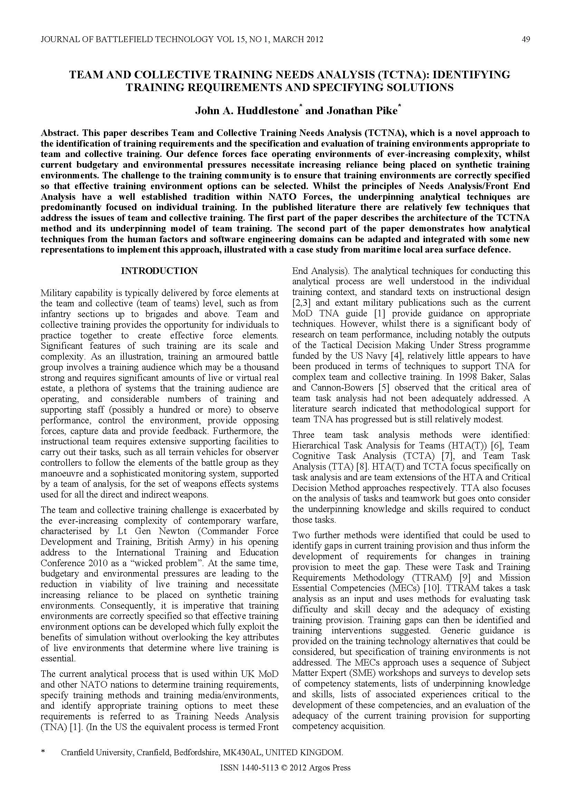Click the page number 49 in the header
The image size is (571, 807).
(x=526, y=39)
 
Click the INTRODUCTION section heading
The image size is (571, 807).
(x=159, y=270)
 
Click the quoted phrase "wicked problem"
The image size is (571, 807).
(x=168, y=563)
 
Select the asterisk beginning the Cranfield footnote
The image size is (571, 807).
(x=43, y=752)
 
